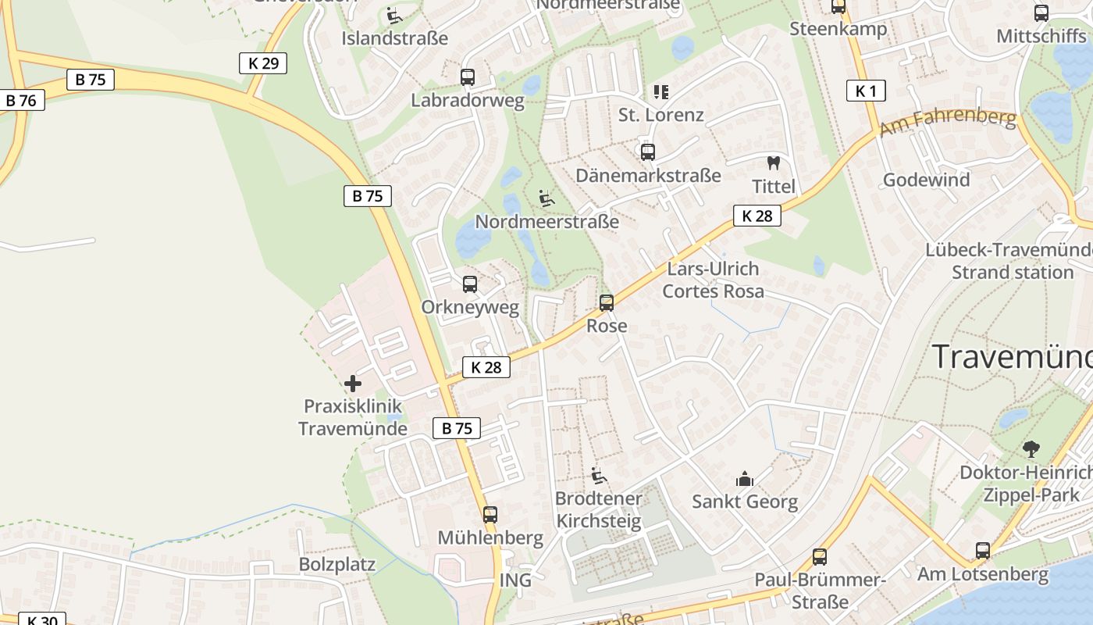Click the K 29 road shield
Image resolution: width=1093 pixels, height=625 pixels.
263,63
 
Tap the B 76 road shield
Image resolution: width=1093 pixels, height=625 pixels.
22,100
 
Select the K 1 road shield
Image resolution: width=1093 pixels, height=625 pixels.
866,91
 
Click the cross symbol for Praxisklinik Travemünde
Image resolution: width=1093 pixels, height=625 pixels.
353,383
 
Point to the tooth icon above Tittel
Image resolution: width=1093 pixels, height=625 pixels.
774,163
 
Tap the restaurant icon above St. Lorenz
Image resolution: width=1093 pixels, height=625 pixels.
661,92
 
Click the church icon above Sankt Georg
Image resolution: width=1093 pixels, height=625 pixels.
745,479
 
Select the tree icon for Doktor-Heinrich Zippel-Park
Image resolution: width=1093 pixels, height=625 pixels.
1031,449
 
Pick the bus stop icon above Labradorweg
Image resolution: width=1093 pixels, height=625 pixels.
468,77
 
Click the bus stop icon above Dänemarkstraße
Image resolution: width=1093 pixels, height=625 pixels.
648,152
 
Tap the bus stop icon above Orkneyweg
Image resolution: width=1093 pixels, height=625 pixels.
470,284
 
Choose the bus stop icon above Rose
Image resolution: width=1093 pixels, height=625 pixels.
607,302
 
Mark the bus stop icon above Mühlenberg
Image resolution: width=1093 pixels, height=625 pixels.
490,515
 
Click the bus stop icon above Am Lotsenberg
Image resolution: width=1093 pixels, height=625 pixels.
983,551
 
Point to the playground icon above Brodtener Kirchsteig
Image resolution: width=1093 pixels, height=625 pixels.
598,475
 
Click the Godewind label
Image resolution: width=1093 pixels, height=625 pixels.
926,180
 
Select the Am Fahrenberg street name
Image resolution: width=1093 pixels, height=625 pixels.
948,122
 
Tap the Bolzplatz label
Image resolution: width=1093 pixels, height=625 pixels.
337,564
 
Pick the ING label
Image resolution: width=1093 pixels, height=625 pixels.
515,580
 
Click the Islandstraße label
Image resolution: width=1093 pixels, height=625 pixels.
395,37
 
